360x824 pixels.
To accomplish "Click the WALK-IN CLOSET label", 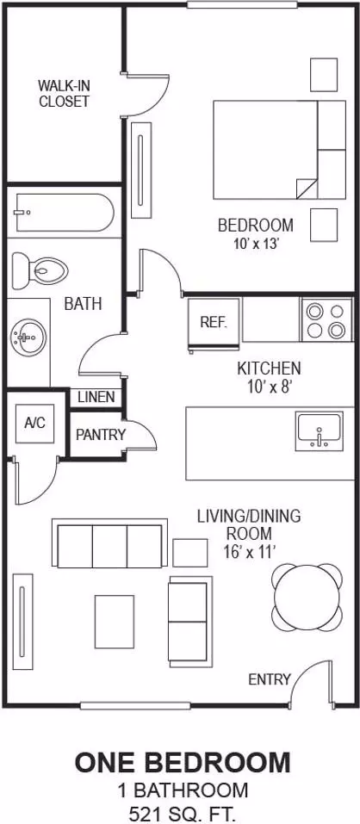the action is pos(64,93).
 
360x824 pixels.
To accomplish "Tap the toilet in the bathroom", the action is pos(40,270).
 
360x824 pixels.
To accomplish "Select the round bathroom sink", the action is pos(28,337).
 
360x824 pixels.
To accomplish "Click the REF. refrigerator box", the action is pos(214,322).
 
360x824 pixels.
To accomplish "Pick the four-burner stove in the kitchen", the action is pos(326,319).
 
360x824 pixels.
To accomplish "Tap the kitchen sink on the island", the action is pos(319,431).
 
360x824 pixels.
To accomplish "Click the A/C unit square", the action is pos(34,423).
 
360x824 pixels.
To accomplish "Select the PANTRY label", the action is pos(101,435).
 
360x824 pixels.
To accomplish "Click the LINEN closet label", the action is pos(96,397).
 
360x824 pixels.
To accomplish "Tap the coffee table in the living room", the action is pos(114,621).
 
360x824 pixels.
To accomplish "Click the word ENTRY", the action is pos(269,679).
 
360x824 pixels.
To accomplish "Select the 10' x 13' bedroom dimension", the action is pos(256,244).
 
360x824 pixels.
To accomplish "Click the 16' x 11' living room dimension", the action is pos(249,551).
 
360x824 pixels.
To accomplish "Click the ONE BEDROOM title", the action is pos(182,763).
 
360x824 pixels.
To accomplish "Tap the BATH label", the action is pos(83,303).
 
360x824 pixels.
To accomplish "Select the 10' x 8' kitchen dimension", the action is pos(269,387).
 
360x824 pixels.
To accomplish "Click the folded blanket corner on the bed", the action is pos(306,188).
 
